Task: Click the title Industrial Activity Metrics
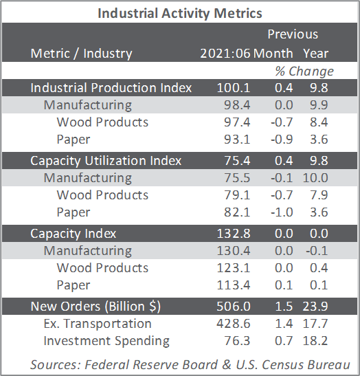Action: pyautogui.click(x=180, y=13)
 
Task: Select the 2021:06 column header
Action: pyautogui.click(x=225, y=53)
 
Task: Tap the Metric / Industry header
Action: pyautogui.click(x=81, y=54)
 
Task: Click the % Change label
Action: pyautogui.click(x=304, y=71)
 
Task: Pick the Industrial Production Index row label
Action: pyautogui.click(x=111, y=88)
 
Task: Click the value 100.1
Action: pyautogui.click(x=234, y=88)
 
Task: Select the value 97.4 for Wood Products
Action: pyautogui.click(x=237, y=122)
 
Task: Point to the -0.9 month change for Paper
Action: pyautogui.click(x=282, y=140)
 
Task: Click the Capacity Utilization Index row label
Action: pyautogui.click(x=106, y=161)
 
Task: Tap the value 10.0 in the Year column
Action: pyautogui.click(x=315, y=178)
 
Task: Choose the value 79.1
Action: pyautogui.click(x=237, y=195)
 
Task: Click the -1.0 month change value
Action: pyautogui.click(x=282, y=212)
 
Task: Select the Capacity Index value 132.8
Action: pyautogui.click(x=234, y=234)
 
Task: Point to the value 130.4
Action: pyautogui.click(x=234, y=251)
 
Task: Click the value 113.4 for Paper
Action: pyautogui.click(x=234, y=285)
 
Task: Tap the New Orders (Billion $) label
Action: pyautogui.click(x=95, y=307)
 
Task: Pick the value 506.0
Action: pyautogui.click(x=234, y=307)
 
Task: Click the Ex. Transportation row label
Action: pyautogui.click(x=98, y=324)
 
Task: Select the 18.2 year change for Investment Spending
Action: pyautogui.click(x=315, y=341)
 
